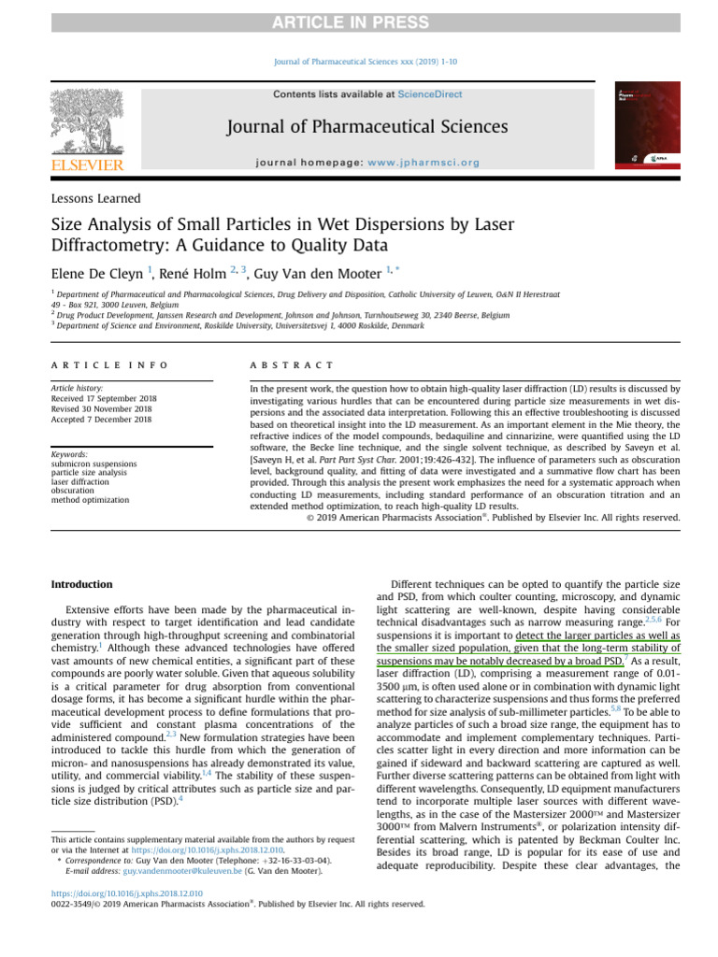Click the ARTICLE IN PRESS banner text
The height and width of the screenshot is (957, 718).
pos(358,22)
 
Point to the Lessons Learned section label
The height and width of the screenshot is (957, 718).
pos(95,198)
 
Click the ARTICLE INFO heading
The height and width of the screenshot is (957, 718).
pos(109,364)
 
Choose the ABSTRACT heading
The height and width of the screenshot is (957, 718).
pos(292,364)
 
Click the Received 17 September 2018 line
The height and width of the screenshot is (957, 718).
pos(104,398)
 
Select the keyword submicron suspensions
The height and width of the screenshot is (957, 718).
pos(93,464)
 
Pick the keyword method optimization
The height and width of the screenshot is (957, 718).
pos(90,501)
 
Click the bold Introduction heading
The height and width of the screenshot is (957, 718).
pos(81,584)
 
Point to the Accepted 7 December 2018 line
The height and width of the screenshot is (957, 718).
pos(101,420)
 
